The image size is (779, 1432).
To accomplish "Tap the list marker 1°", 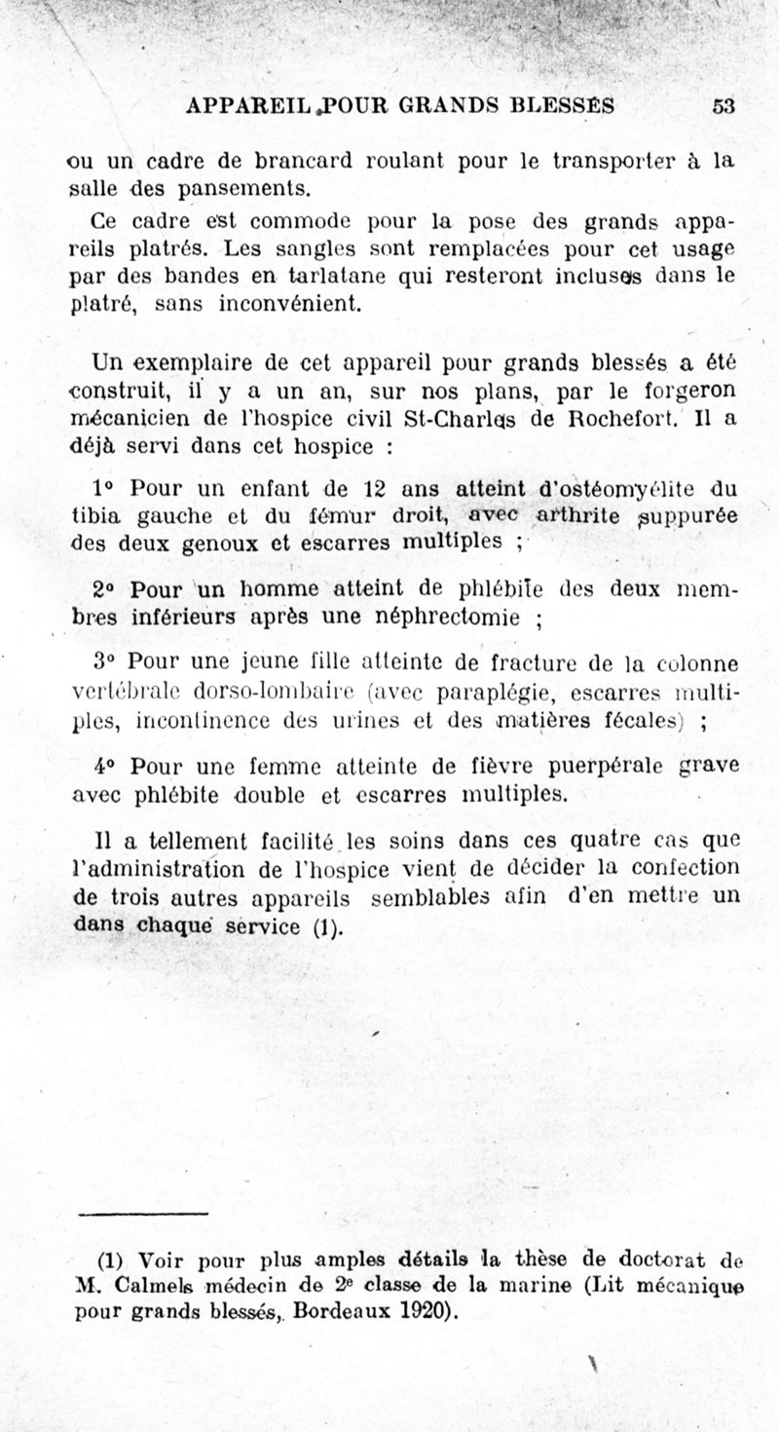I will [104, 487].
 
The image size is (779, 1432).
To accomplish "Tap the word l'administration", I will [169, 867].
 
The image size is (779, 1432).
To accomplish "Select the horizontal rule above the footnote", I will [143, 1214].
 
